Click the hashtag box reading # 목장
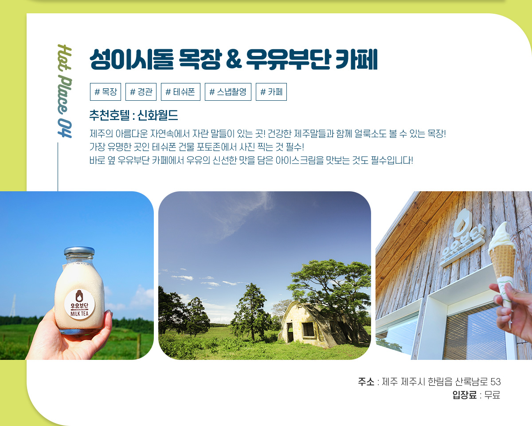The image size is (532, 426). tap(106, 92)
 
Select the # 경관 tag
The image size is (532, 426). tap(141, 92)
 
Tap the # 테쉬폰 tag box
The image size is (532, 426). tap(180, 92)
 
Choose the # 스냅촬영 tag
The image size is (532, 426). tap(228, 92)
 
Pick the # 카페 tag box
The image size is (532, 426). tap(271, 92)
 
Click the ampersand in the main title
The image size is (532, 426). tap(233, 59)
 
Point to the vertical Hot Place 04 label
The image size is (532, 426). tap(65, 91)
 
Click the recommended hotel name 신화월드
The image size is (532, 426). tap(158, 115)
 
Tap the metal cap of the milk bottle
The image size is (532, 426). tap(79, 251)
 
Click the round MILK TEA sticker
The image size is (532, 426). tap(79, 304)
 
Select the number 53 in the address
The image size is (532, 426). tap(495, 382)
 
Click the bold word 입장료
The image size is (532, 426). tap(465, 395)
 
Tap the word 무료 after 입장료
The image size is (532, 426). tap(492, 395)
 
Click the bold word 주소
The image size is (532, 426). tap(366, 382)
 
